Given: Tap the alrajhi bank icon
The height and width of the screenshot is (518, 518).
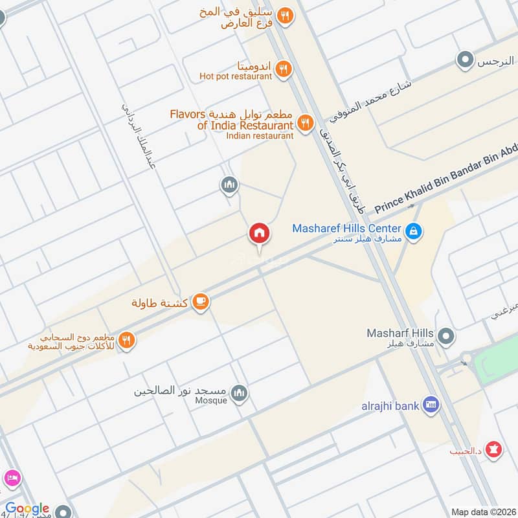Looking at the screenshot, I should (x=430, y=406).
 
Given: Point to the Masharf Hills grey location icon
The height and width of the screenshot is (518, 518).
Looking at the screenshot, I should (x=445, y=336).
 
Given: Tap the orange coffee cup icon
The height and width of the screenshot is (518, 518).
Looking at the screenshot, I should (x=201, y=302).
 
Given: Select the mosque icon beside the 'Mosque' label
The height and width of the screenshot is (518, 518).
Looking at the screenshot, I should (x=240, y=394).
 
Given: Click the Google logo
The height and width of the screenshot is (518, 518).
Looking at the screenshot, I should (x=28, y=508).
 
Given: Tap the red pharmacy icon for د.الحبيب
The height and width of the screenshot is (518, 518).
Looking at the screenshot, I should (x=495, y=449).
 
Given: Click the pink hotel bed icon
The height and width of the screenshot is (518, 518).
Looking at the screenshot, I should (x=11, y=479).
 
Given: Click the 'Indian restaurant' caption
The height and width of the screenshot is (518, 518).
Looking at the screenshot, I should (x=260, y=135).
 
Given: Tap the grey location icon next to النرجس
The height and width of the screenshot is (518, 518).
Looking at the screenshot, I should (x=464, y=61).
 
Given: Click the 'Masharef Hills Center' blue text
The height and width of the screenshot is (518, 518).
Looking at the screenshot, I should (x=346, y=228).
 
